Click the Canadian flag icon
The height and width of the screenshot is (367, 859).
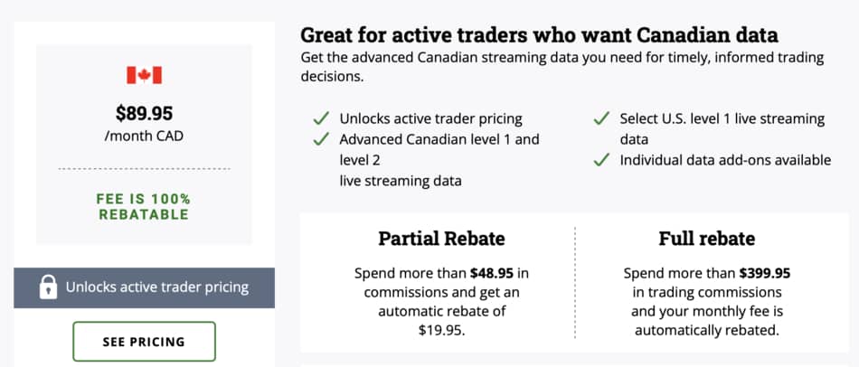[144, 75]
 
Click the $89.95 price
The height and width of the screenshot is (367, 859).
[144, 113]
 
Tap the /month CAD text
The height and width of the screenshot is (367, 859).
[144, 136]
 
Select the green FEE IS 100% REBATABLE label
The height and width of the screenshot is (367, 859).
[144, 206]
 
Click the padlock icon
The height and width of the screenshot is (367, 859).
[48, 287]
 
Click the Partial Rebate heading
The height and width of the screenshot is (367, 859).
[441, 239]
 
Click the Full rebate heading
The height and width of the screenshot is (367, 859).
[707, 239]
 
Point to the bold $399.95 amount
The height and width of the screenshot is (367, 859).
[765, 273]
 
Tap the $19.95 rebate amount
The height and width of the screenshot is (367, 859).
[441, 330]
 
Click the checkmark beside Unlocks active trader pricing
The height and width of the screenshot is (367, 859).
[320, 118]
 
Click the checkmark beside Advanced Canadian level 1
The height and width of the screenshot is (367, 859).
[320, 139]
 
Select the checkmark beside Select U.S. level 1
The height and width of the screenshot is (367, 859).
[601, 118]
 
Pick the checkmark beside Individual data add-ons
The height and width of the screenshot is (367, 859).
[601, 160]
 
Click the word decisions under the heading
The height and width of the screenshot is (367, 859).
[332, 77]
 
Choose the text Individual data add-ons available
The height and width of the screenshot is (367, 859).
[725, 160]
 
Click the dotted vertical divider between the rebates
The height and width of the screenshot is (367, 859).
[575, 283]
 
